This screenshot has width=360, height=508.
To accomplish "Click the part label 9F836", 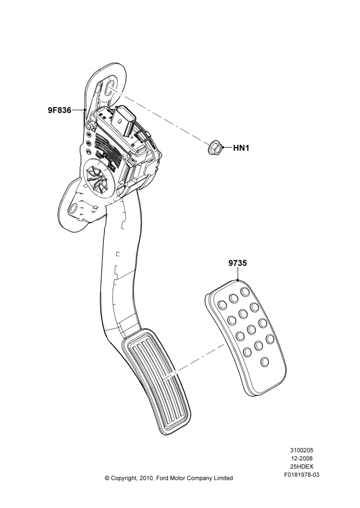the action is (59, 110).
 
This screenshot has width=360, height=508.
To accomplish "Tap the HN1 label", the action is (242, 148).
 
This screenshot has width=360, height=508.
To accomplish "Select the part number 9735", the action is (237, 263).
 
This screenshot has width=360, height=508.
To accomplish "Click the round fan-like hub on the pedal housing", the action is (99, 181).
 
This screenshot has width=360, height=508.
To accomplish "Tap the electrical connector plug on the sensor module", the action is (124, 121).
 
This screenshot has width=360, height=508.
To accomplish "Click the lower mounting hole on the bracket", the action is (74, 207).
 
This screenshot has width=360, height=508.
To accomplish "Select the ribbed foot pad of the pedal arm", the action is (156, 382).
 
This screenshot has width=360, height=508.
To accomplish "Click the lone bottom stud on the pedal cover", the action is (265, 361).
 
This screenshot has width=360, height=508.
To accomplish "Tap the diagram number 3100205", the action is (302, 450).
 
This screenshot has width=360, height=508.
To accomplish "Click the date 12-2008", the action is (302, 458).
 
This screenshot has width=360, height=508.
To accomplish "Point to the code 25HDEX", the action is (302, 466).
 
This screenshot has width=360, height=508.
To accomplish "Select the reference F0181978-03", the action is (302, 474).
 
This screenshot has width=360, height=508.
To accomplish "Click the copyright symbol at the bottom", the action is (107, 478).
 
